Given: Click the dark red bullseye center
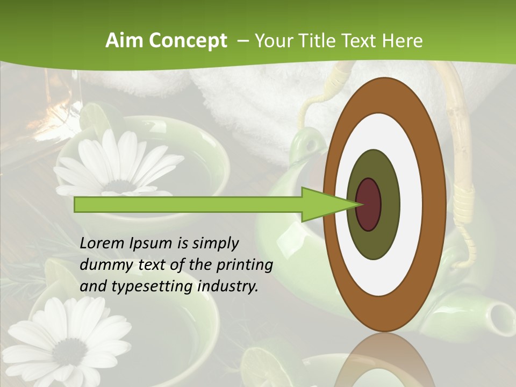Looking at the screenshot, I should (369, 204).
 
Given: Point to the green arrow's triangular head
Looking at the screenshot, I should (328, 204).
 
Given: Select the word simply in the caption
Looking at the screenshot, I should (215, 243).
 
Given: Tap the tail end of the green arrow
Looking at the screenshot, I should (78, 204).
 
